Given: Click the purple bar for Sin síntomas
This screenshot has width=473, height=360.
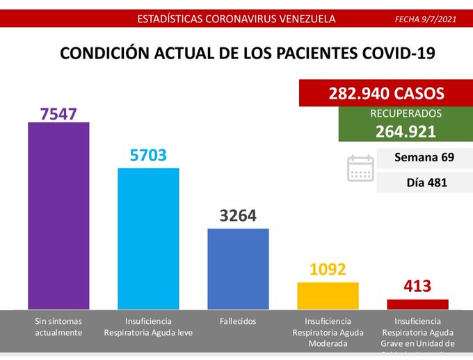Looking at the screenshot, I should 58,215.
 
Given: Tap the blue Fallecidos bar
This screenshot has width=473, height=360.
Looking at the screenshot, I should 238,268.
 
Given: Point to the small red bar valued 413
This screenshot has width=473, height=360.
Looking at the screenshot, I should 417,304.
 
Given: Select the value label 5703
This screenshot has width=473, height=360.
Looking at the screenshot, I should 148,156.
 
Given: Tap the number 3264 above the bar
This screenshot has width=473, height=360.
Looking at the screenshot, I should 238,216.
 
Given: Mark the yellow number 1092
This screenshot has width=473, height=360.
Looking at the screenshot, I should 328,269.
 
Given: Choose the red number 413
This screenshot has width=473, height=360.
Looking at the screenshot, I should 417,286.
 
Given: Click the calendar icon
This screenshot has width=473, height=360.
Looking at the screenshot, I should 360,168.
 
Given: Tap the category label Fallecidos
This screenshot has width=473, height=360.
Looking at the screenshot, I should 237,321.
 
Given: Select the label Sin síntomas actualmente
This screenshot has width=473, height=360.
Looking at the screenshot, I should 58,327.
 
